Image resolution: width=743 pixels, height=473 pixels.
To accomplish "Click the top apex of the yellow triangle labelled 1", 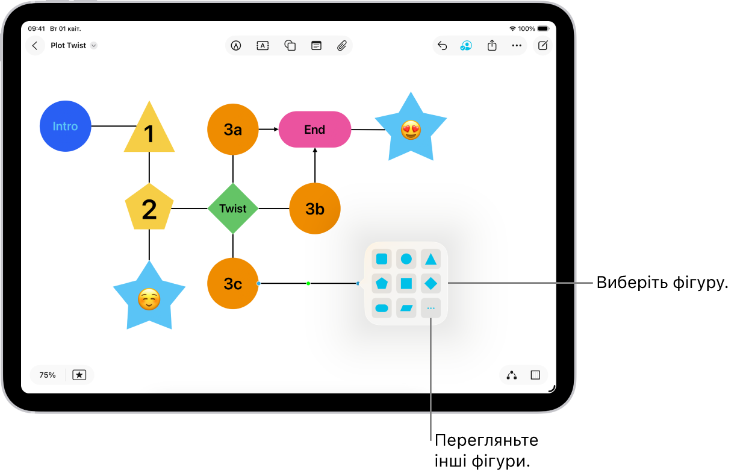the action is pos(149,101).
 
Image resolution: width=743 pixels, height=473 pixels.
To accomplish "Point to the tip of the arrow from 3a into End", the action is pos(279,129).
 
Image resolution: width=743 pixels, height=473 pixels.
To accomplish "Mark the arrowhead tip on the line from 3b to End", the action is pos(315,148).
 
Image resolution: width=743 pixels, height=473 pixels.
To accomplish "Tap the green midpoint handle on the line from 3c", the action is pos(308,283).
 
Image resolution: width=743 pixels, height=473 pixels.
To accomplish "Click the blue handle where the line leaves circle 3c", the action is pos(259,283).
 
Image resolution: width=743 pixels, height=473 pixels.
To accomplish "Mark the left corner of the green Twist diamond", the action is pos(208,208).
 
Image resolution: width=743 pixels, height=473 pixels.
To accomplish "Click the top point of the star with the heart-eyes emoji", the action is pos(411,92).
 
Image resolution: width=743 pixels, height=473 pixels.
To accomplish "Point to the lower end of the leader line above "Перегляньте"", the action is pos(431,441).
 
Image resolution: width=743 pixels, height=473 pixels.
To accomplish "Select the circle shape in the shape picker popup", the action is pos(406,259).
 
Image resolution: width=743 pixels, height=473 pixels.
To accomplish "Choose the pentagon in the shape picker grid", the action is pos(382,283).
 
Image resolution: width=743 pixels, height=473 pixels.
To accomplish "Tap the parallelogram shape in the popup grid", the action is pos(406,308).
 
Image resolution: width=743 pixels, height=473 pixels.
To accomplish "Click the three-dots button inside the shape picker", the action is pos(431,308).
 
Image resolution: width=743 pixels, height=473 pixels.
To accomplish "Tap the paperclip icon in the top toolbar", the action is pos(341,45).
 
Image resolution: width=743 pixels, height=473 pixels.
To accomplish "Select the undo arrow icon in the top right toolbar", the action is pos(442,45).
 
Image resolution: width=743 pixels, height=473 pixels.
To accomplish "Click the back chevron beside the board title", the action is pos(35,45).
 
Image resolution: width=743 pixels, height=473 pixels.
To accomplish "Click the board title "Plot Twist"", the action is pos(68,45).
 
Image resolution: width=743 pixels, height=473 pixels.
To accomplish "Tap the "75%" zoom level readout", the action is pos(48,375).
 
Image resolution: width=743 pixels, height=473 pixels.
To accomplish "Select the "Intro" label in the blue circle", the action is pos(66,126).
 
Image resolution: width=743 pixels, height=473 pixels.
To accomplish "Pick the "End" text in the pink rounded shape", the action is pos(315,130).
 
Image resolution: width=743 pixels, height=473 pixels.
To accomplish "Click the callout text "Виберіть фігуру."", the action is pos(662,283).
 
